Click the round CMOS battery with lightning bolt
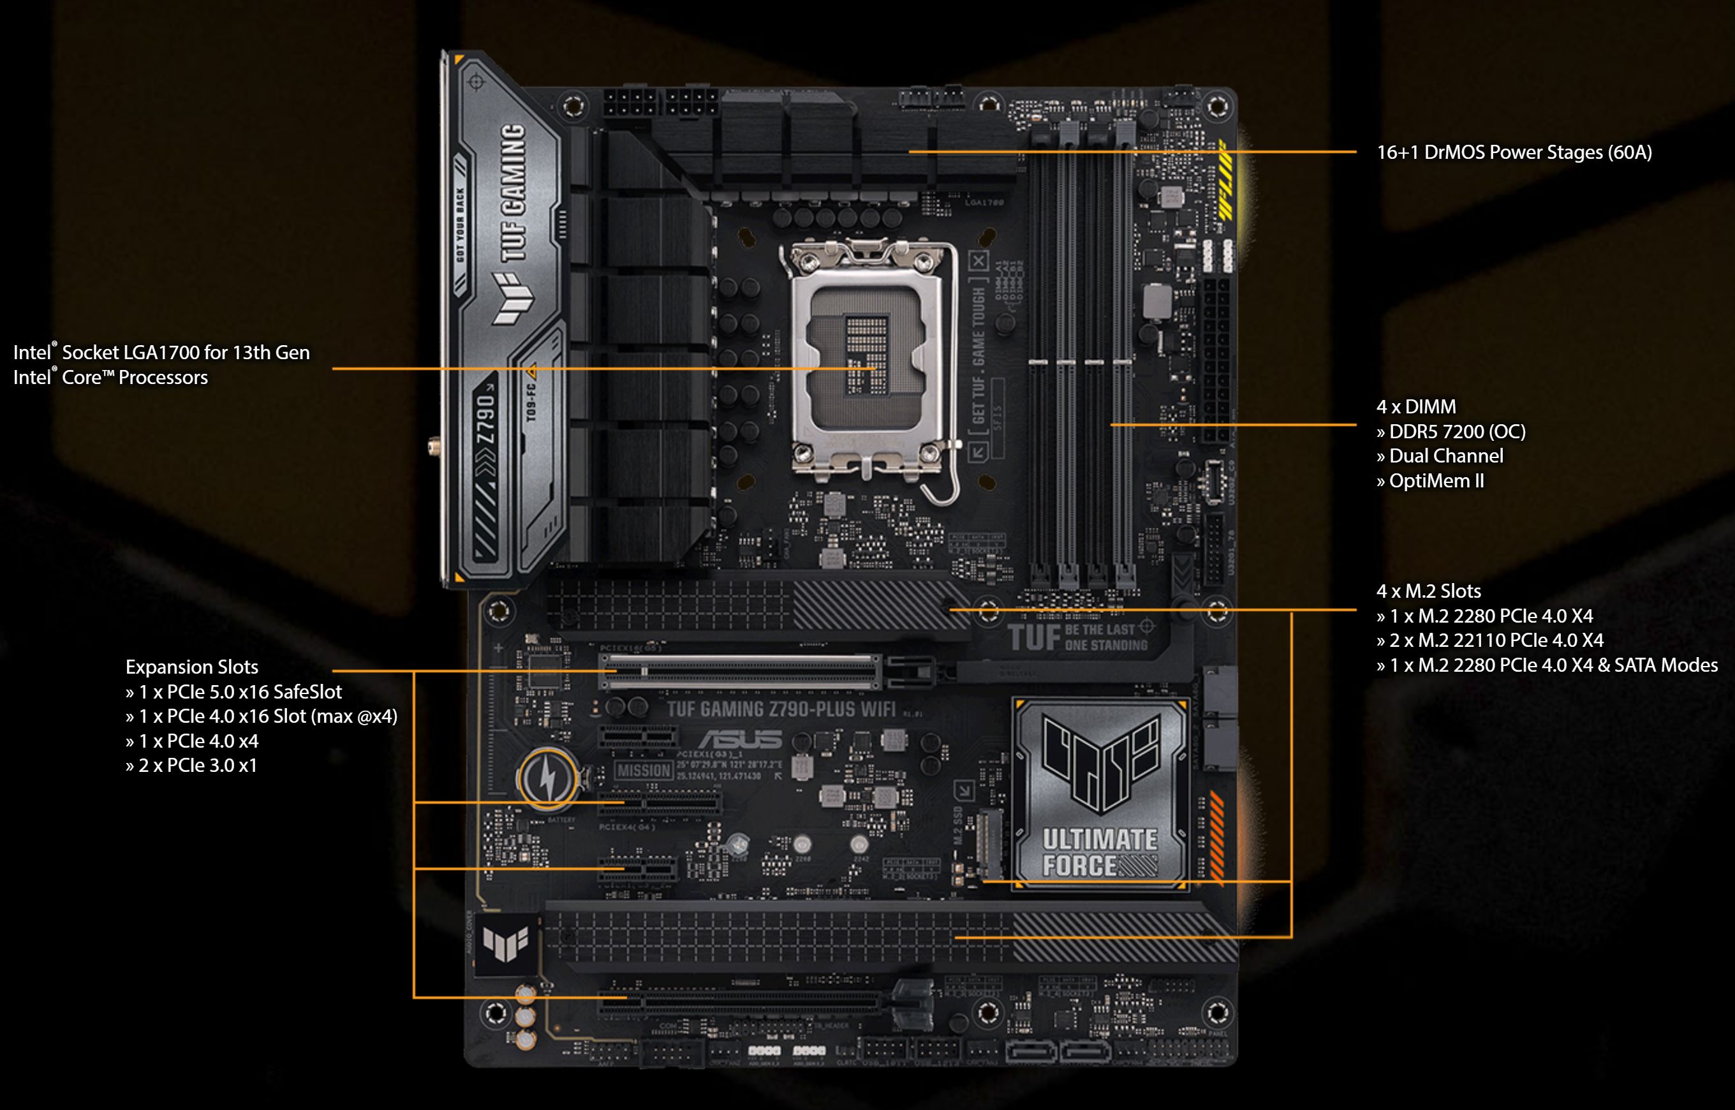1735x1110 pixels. pyautogui.click(x=547, y=778)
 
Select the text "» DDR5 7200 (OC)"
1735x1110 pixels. pyautogui.click(x=1451, y=432)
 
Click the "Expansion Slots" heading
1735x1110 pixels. pyautogui.click(x=191, y=667)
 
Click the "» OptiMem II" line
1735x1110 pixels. pyautogui.click(x=1429, y=481)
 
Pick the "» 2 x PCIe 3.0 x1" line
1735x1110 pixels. pyautogui.click(x=191, y=766)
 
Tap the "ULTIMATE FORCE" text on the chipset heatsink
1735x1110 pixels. pyautogui.click(x=1099, y=852)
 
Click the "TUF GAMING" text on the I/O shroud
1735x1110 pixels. pyautogui.click(x=512, y=193)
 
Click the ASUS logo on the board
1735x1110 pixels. pyautogui.click(x=740, y=739)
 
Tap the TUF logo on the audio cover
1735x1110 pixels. pyautogui.click(x=506, y=944)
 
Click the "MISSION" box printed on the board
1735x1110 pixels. pyautogui.click(x=644, y=771)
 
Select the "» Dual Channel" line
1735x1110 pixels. pyautogui.click(x=1439, y=456)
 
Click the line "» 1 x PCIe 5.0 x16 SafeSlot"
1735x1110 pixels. pyautogui.click(x=233, y=692)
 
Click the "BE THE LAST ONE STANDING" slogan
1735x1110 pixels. pyautogui.click(x=1106, y=637)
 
